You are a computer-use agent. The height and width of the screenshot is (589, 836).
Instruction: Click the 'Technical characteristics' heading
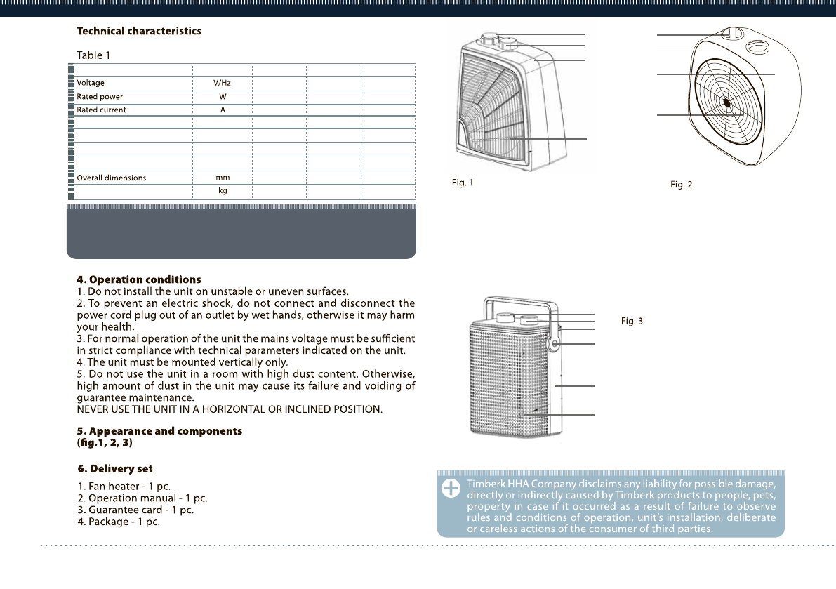click(x=139, y=31)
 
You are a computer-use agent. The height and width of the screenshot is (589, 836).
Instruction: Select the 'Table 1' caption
click(x=93, y=55)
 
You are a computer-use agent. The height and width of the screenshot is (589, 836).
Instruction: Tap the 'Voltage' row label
click(x=91, y=83)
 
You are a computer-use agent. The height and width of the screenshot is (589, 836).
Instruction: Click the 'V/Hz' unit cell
click(x=223, y=83)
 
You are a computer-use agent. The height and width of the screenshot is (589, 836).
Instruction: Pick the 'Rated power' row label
click(x=100, y=97)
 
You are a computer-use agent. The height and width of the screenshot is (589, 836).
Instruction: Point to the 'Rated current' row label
click(x=102, y=110)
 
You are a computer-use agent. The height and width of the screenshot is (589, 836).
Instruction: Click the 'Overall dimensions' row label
click(x=112, y=178)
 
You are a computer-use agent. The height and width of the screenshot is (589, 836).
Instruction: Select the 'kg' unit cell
click(x=223, y=191)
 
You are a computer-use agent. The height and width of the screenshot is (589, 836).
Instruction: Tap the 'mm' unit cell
click(x=223, y=177)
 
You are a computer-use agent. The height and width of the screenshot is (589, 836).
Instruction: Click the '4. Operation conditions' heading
click(x=139, y=280)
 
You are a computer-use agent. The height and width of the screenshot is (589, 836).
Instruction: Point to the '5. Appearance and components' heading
click(x=159, y=431)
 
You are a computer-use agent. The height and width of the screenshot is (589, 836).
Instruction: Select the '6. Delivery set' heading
click(x=115, y=468)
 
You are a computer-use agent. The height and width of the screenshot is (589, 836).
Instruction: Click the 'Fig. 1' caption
click(x=462, y=183)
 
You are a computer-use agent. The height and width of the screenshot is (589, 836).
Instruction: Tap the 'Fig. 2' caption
click(x=681, y=185)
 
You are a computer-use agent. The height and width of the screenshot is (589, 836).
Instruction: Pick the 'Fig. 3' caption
click(x=632, y=321)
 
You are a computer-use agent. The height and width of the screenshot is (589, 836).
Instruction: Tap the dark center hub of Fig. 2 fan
click(x=727, y=103)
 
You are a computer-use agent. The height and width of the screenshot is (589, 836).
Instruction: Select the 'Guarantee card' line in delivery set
click(x=135, y=510)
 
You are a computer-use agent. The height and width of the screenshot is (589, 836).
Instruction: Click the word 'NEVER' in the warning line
click(x=93, y=409)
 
